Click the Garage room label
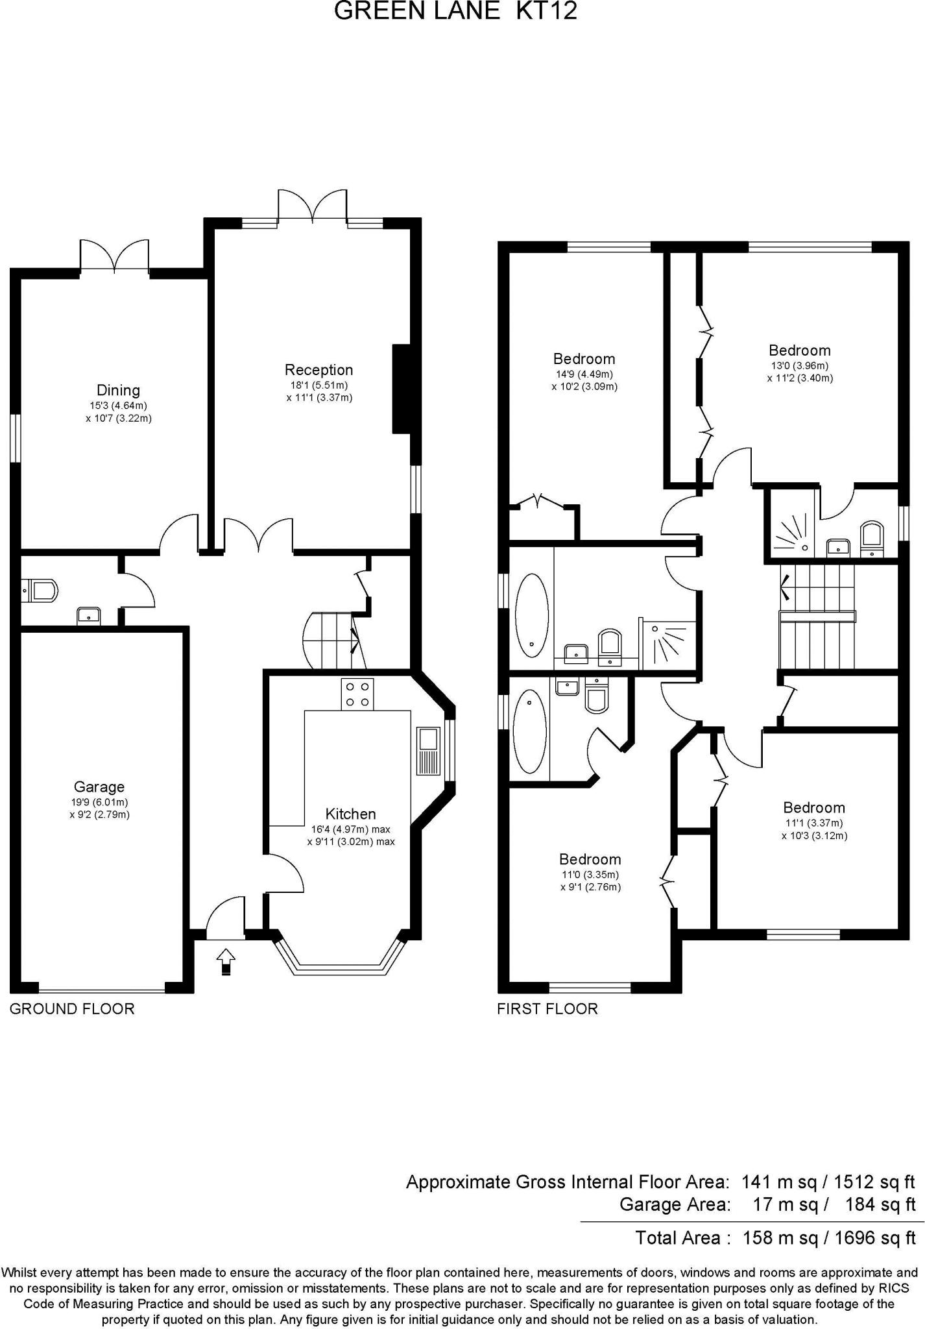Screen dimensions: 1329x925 coord(99,786)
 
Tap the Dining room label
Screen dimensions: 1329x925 coord(118,390)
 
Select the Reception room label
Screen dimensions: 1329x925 coord(318,370)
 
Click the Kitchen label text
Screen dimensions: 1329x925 coord(350,814)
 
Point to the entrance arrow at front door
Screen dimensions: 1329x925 coord(226,960)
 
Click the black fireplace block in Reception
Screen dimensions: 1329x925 coord(402,389)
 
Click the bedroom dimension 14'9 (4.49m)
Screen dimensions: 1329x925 coord(584,374)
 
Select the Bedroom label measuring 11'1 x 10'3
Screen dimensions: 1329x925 coord(813,807)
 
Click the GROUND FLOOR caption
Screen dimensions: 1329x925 coord(72,1008)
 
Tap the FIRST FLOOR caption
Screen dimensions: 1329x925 coord(547,1008)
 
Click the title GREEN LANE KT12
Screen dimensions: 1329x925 coord(455,11)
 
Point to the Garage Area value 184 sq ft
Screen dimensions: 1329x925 coord(880,1204)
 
